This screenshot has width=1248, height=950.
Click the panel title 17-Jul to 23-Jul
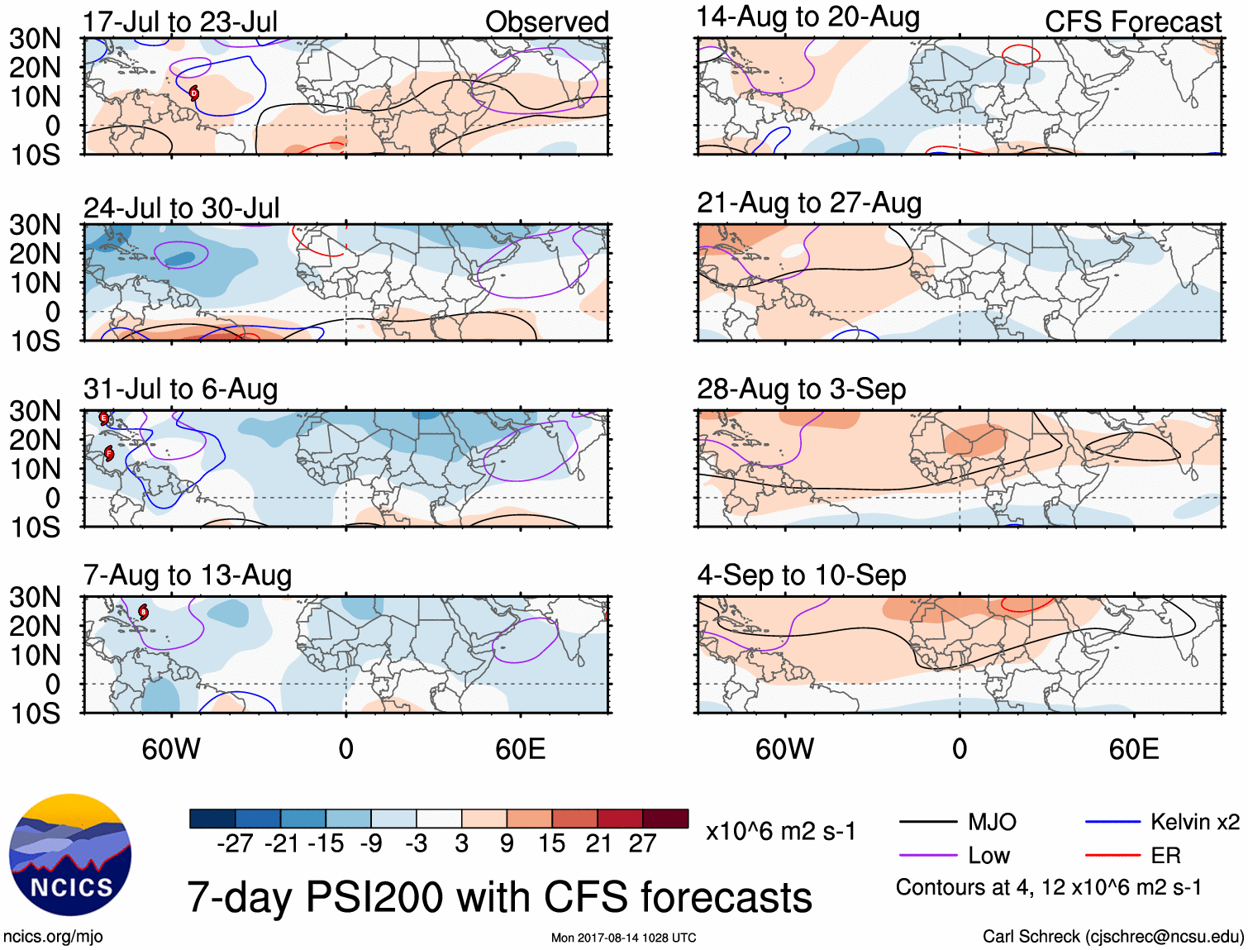click(x=180, y=22)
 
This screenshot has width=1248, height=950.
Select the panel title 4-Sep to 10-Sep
click(x=801, y=575)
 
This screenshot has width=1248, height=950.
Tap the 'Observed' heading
click(x=546, y=22)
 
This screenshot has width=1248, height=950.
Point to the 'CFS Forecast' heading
click(x=1132, y=22)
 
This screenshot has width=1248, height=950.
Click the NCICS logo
click(x=70, y=855)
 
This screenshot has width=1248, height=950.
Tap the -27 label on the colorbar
click(x=235, y=843)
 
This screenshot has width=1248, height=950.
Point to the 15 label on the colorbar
click(x=551, y=843)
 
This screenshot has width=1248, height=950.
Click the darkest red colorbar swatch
click(x=665, y=819)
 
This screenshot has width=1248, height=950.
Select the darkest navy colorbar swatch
click(x=212, y=819)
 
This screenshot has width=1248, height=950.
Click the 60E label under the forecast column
click(x=1133, y=749)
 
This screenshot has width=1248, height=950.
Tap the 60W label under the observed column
click(x=171, y=749)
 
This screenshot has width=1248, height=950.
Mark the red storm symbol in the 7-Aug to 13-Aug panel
click(x=143, y=613)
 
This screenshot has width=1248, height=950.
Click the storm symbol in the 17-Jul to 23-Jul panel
click(x=194, y=93)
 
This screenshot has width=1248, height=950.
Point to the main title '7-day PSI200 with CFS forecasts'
click(x=499, y=897)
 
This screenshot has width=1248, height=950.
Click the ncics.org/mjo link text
click(x=53, y=937)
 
